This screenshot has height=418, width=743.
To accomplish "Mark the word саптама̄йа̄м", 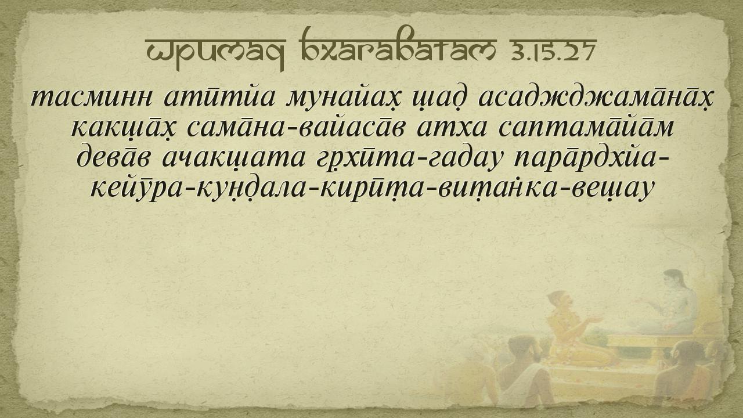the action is pos(586,127).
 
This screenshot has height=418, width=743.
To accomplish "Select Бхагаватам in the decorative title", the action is pos(398,45).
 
